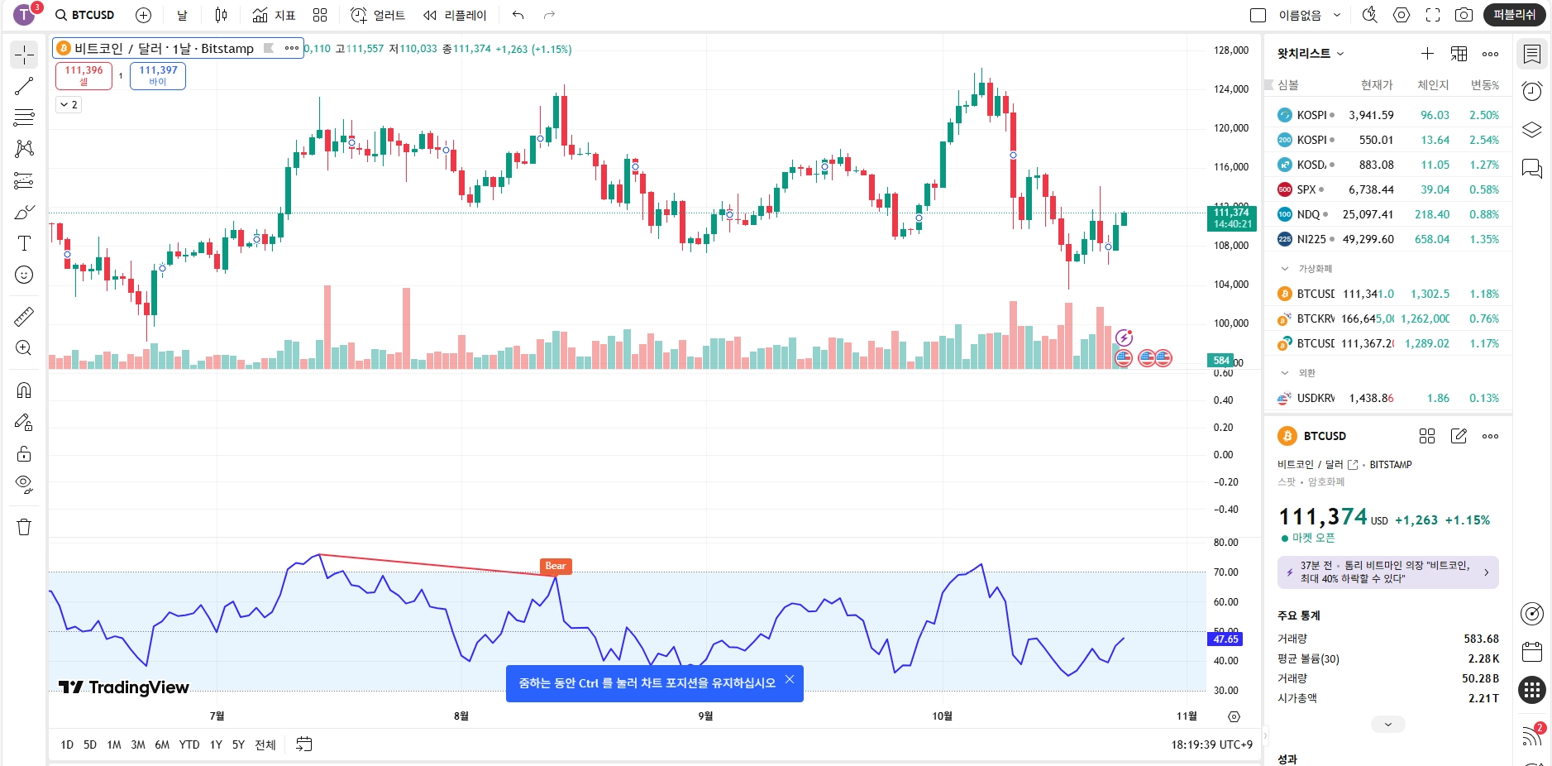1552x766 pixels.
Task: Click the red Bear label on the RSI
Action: (x=556, y=566)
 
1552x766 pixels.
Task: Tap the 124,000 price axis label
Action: (x=1230, y=89)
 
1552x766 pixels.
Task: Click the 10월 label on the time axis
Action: (x=942, y=716)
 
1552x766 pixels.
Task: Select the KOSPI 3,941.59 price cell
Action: (x=1370, y=115)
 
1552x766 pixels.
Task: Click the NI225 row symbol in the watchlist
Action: (x=1311, y=239)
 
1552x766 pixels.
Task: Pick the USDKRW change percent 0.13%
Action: (x=1483, y=398)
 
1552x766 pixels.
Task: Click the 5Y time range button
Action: (x=238, y=744)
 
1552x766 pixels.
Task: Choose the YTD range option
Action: (x=189, y=744)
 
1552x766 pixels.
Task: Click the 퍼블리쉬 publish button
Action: (x=1514, y=15)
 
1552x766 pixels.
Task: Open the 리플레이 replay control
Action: (x=455, y=15)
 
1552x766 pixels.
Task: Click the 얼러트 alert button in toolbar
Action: (x=378, y=15)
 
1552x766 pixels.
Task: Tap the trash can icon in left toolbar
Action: (x=24, y=527)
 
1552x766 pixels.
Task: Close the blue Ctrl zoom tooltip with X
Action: (x=790, y=680)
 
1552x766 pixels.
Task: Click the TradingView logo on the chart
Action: (x=124, y=687)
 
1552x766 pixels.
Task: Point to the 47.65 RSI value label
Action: (x=1225, y=639)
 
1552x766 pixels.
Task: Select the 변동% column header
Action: (x=1484, y=84)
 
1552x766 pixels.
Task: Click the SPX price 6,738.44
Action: (x=1370, y=189)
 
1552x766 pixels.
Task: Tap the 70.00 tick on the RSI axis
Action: (x=1225, y=572)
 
